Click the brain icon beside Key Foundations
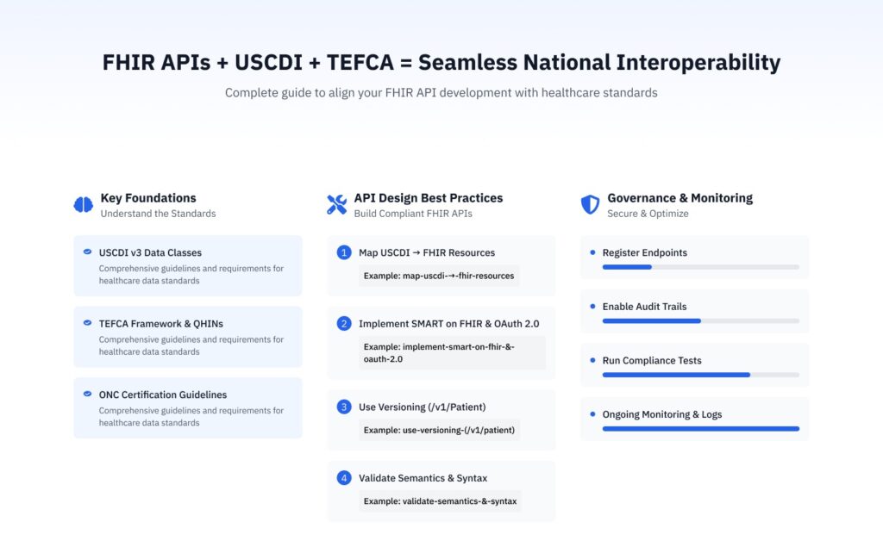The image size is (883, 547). coord(83,204)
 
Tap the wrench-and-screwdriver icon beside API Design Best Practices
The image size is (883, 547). coord(336,204)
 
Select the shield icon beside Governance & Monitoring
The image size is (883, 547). coord(590,204)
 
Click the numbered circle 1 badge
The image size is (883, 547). coord(344,252)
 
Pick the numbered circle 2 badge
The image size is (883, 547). coord(344,324)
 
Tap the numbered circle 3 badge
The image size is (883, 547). coord(344,407)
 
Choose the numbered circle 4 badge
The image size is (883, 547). coord(344,478)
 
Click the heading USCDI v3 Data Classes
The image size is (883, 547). coord(150,252)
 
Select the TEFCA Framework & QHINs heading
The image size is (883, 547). coord(160,324)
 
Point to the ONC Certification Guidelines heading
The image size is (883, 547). coord(162,395)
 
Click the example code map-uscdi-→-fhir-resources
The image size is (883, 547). coord(439,276)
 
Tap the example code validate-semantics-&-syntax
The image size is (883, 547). coord(440,500)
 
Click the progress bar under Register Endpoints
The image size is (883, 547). coord(700,267)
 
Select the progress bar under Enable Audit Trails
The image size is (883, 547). coord(700,320)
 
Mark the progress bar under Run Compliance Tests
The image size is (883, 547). coord(700,375)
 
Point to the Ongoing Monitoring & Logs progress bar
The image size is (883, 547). coord(700,428)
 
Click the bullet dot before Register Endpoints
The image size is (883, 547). coord(592,252)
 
